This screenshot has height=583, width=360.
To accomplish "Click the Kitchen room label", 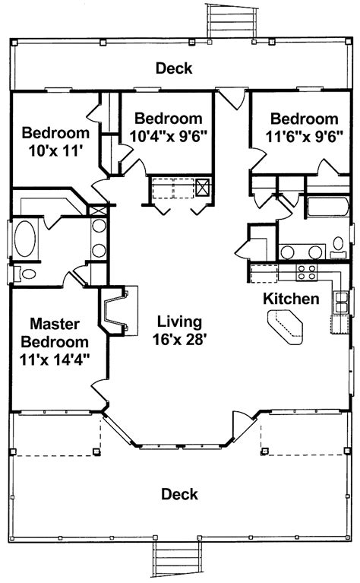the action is click(x=291, y=299).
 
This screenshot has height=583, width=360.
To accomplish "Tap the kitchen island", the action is click(x=285, y=328).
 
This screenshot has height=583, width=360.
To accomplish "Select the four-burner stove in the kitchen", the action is click(x=307, y=273).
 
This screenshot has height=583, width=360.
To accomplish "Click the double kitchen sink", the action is click(x=342, y=303).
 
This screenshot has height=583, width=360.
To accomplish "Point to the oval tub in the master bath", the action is click(x=25, y=239).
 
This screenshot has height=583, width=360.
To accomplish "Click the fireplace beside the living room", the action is click(x=116, y=311).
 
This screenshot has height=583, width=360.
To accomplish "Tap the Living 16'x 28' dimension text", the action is click(x=180, y=331).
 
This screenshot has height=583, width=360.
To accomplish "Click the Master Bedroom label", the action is click(x=55, y=333).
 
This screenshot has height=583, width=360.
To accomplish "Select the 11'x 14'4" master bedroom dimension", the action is click(x=55, y=360).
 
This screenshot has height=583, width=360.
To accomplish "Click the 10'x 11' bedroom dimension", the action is click(x=55, y=151).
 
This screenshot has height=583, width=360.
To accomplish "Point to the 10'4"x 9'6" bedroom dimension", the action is click(x=169, y=137).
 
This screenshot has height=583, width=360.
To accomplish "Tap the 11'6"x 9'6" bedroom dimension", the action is click(x=305, y=137).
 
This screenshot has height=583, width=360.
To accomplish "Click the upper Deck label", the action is click(x=174, y=68).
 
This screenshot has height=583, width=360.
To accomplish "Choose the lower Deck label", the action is click(x=179, y=495).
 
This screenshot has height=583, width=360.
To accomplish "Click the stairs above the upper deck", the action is click(x=232, y=21).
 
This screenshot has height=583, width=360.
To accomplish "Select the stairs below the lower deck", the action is click(x=177, y=559).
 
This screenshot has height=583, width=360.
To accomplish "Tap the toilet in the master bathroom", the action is click(x=24, y=274).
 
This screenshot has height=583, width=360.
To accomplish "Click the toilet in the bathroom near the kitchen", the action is click(x=338, y=247).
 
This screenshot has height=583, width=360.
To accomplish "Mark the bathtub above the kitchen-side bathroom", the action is click(x=327, y=208).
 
